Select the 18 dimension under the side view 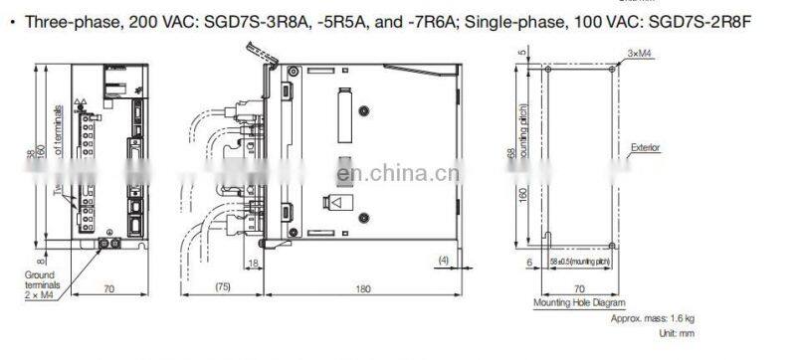(254, 262)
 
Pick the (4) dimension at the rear (445, 261)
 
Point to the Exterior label (646, 147)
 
